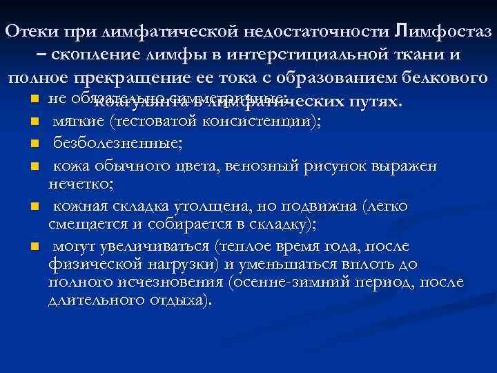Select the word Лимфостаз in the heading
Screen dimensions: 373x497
[x=447, y=32]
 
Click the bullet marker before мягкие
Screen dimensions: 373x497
[x=32, y=123]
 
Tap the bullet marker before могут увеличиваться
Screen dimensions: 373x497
[x=32, y=247]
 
